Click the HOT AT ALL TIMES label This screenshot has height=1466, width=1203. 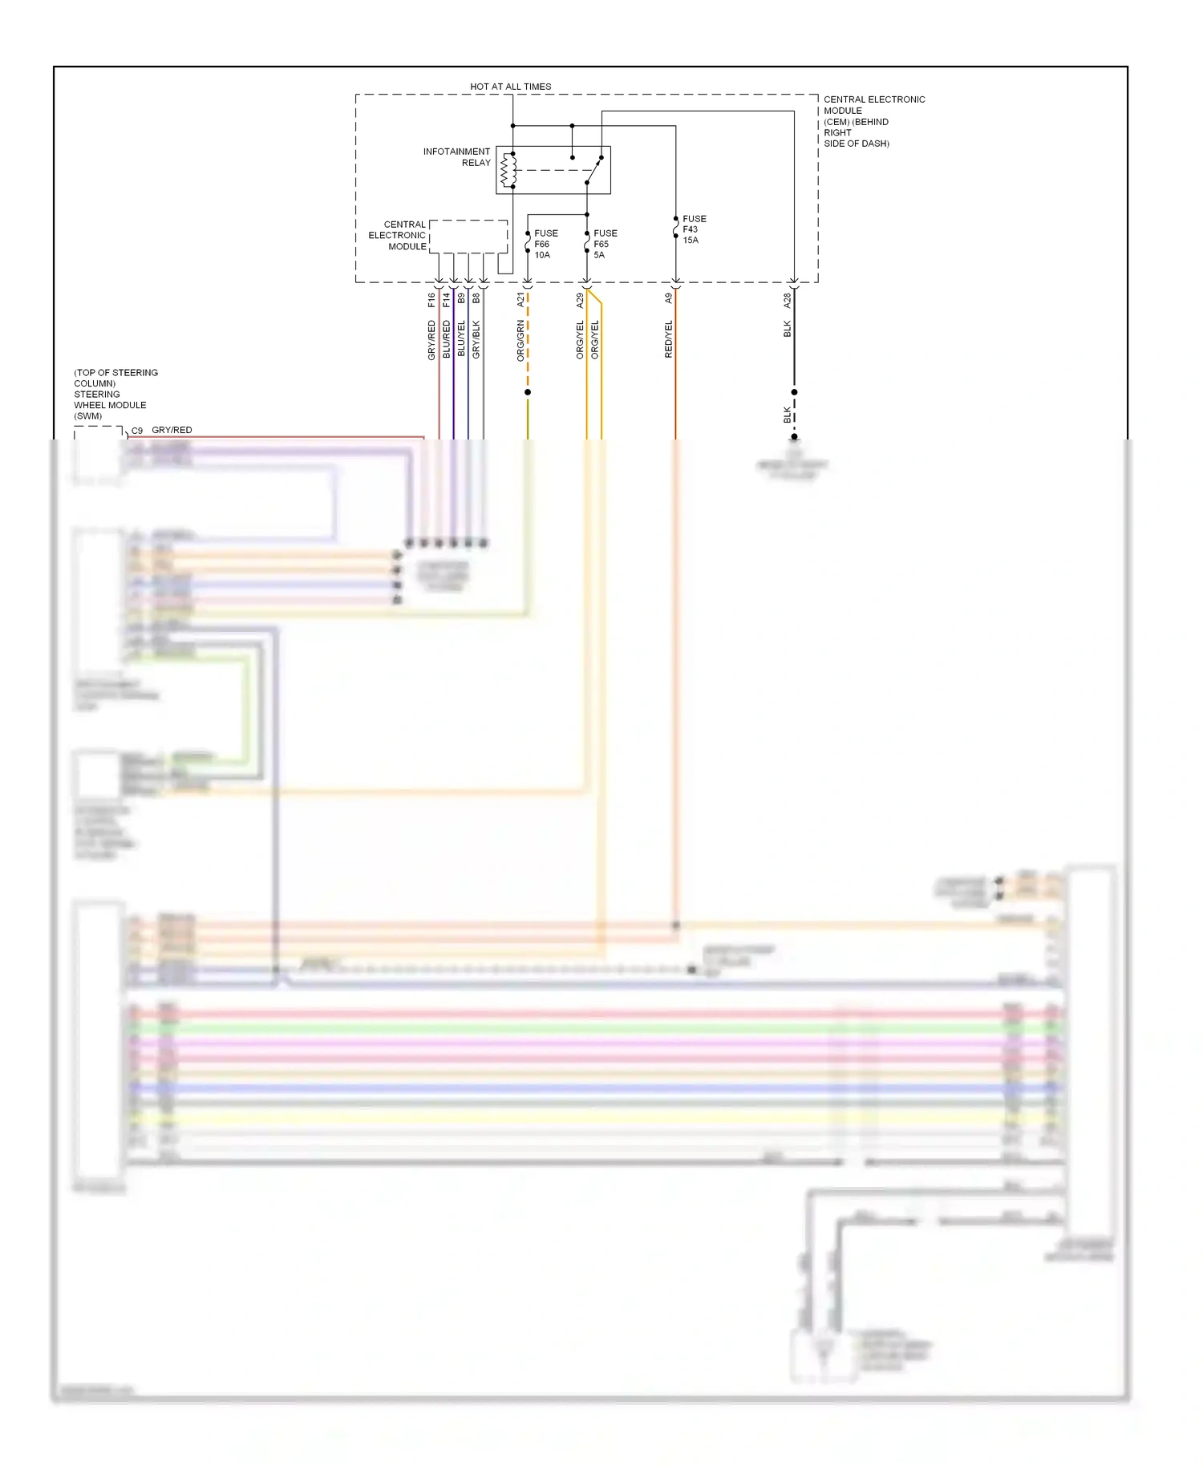coord(510,87)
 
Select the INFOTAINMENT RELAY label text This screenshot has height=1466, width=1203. coord(457,157)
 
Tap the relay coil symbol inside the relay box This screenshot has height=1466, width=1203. coord(508,170)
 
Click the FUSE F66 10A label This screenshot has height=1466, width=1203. coord(545,244)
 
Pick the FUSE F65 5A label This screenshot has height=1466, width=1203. coord(605,244)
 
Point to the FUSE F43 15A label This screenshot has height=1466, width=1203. coord(693,229)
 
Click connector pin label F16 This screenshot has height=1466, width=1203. coord(431,300)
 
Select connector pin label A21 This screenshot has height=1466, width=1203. coord(520,300)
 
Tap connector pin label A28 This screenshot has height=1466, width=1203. coord(787,301)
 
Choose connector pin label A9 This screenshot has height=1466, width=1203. coord(668,298)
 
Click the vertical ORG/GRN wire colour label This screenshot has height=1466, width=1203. coord(520,340)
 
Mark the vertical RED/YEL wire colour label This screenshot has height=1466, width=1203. coord(668,338)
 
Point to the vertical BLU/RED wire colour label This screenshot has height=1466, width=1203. coord(447,338)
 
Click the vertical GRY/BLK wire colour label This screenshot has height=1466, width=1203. coord(476,338)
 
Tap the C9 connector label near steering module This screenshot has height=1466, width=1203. coord(137,431)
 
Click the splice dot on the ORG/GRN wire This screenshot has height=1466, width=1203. coord(528,392)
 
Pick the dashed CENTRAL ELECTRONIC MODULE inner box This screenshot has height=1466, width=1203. coord(468,237)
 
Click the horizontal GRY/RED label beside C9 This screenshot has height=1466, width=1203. coord(172,430)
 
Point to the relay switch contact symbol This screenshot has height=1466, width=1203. coord(593,170)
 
